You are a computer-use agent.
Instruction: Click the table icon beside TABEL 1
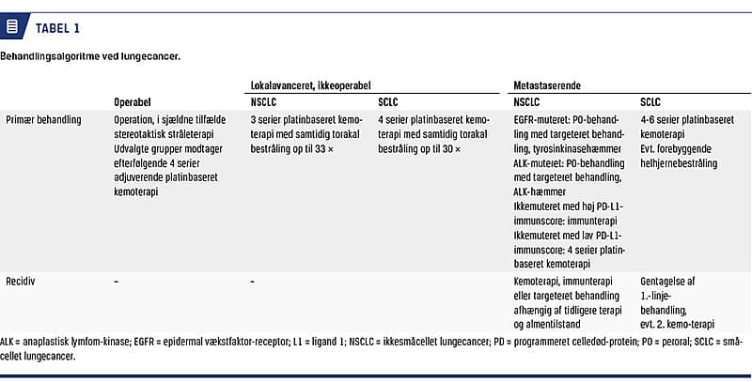pos(12,26)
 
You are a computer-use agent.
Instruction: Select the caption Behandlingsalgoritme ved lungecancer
pos(90,56)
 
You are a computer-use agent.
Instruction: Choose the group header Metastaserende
pos(547,84)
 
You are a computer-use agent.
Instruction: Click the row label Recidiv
pos(22,282)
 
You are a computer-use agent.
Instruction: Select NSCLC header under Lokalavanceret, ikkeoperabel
pos(264,102)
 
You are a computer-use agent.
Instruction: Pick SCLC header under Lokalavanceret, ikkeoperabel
pos(388,102)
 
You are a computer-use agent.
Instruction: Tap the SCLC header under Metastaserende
pos(650,102)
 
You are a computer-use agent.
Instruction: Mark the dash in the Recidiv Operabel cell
pos(116,282)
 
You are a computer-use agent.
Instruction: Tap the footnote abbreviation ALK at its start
pos(9,344)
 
